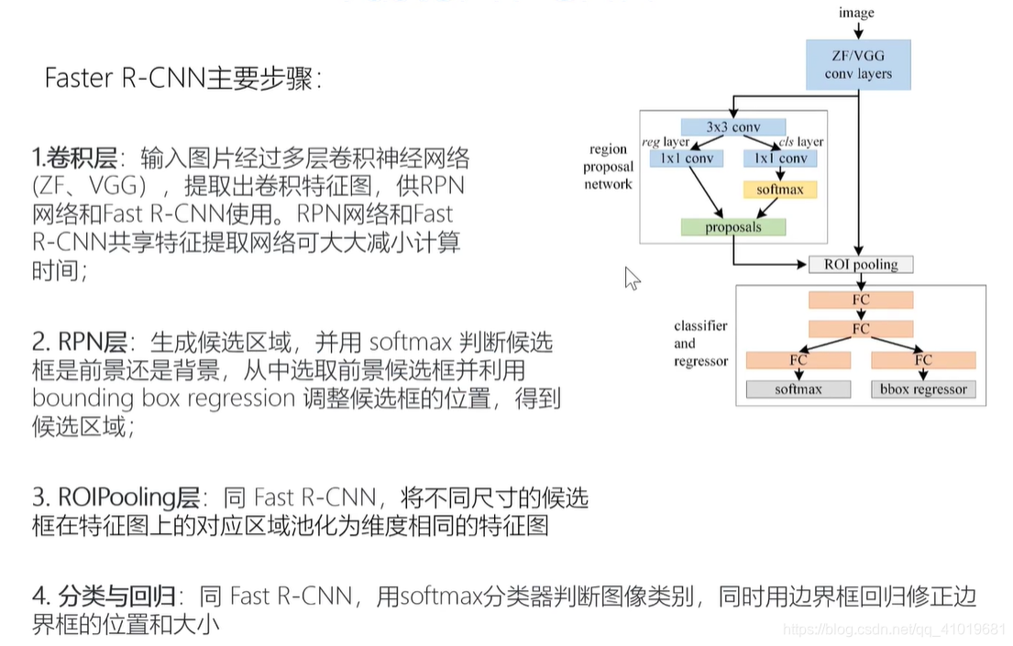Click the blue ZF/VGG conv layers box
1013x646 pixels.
point(857,64)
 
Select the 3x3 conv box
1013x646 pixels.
point(733,127)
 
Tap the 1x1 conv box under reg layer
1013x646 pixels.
point(687,159)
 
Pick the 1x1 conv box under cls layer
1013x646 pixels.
point(780,159)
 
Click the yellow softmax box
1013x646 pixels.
point(779,190)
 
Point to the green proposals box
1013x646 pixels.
point(733,226)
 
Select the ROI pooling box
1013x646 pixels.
point(860,265)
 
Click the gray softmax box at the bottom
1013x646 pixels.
point(798,389)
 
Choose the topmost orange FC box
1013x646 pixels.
point(861,300)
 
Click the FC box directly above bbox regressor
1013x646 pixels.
point(922,360)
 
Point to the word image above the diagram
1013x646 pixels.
point(856,13)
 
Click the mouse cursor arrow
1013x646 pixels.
point(632,278)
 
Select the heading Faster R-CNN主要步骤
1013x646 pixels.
point(183,79)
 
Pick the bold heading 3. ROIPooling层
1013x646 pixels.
point(116,498)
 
